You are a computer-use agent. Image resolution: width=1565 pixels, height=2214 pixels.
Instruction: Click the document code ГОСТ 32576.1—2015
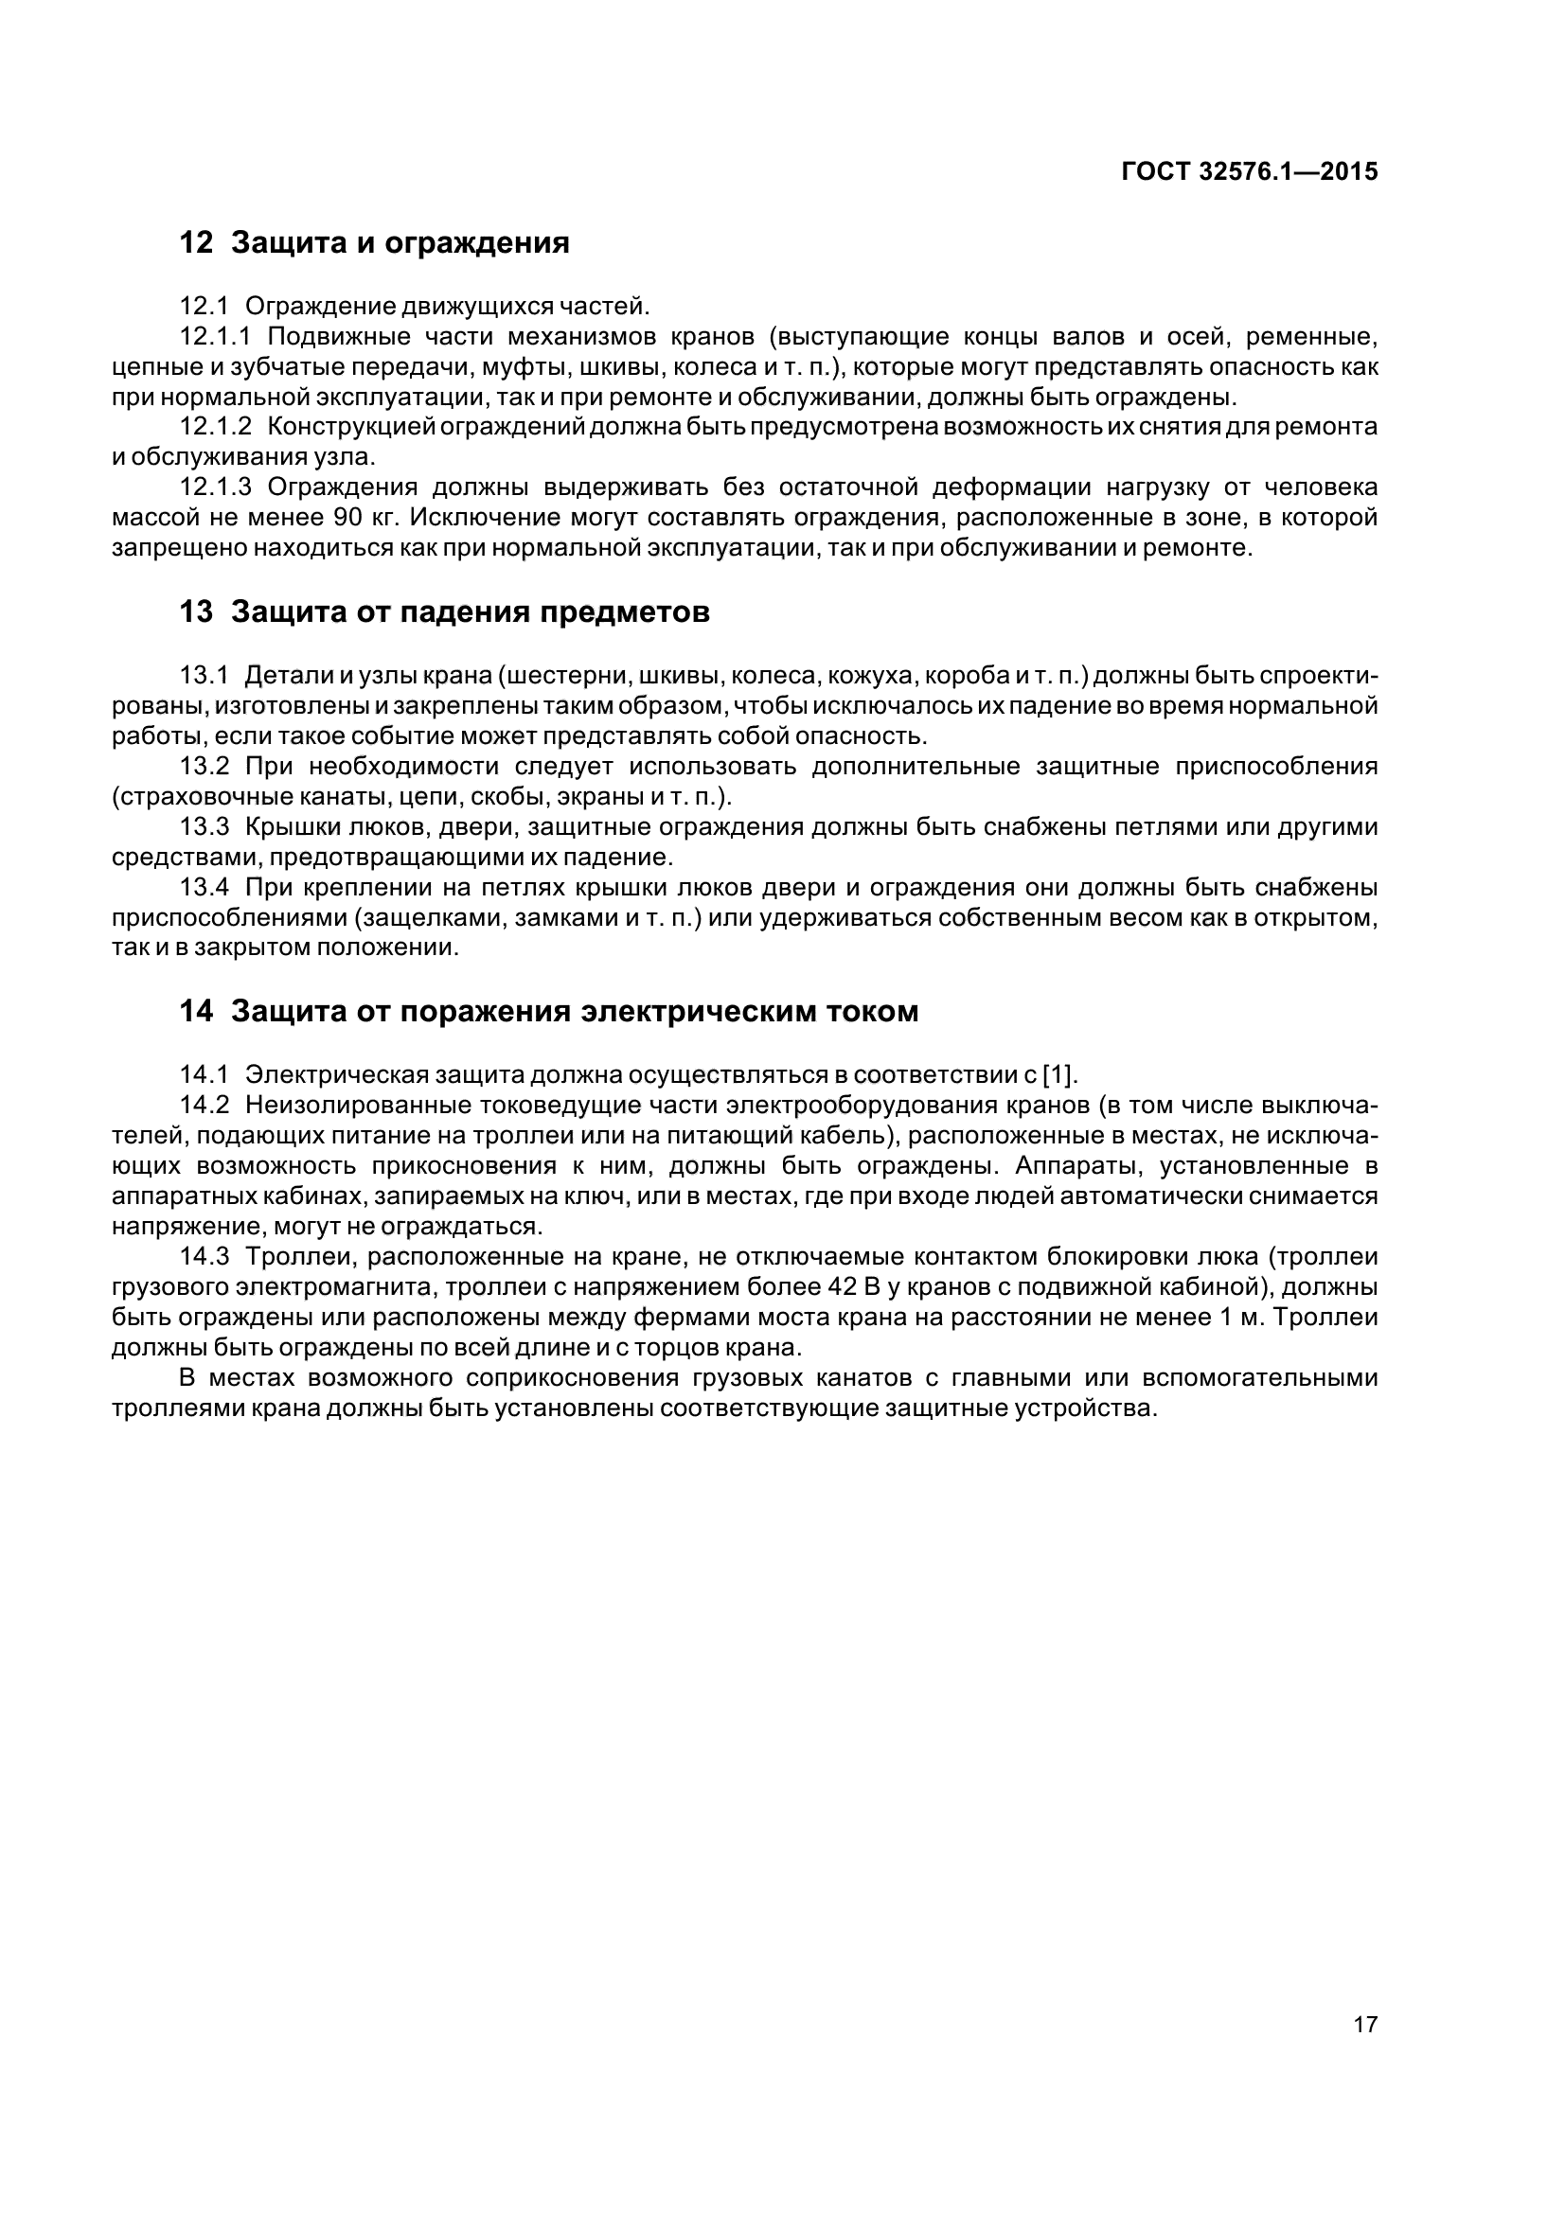[1249, 171]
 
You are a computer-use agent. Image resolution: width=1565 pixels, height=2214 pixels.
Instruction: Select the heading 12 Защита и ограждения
[374, 243]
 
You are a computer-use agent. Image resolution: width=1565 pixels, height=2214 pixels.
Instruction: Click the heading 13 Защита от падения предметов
[445, 611]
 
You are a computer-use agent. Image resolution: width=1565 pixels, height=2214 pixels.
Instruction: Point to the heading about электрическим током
[549, 1012]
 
